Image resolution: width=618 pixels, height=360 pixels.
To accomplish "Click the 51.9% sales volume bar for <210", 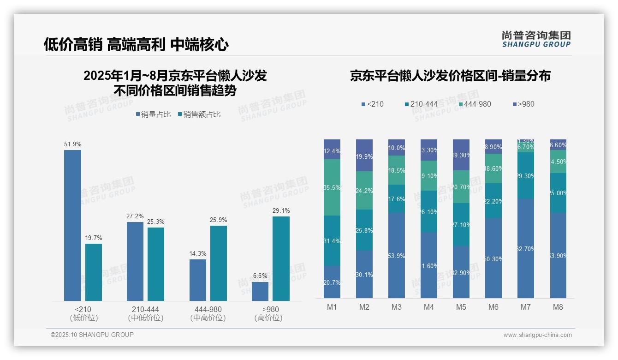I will (x=72, y=225).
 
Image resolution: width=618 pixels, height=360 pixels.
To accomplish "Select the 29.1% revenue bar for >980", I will (x=281, y=258).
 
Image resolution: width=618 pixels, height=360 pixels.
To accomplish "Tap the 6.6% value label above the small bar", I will (x=260, y=276).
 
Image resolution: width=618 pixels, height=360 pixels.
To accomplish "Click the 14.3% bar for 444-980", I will (x=197, y=280).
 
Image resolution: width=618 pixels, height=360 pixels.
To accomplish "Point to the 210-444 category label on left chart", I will (x=145, y=309).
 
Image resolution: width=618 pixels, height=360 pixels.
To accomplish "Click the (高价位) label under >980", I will (x=268, y=318).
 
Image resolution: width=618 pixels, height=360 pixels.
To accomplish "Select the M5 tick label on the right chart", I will (x=461, y=307).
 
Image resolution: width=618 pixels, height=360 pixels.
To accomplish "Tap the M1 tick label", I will (x=332, y=307).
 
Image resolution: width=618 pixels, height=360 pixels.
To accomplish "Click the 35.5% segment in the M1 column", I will (x=332, y=187).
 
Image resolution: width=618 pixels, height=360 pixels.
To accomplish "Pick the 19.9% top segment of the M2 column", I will (x=364, y=156).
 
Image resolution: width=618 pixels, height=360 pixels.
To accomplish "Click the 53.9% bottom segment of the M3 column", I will (x=397, y=255).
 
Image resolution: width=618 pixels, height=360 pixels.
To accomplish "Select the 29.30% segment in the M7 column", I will (x=526, y=176).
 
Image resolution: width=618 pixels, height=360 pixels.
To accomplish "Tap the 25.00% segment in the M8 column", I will (x=558, y=193).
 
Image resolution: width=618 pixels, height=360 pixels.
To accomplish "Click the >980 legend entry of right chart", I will (x=523, y=104).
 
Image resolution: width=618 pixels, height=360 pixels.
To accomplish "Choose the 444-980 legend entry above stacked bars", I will (x=474, y=104).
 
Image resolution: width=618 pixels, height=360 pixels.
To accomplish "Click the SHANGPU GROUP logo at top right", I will (x=536, y=39).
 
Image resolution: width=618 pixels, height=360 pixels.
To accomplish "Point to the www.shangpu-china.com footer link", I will (x=537, y=335).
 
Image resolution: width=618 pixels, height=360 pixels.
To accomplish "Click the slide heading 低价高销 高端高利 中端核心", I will (x=136, y=45).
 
